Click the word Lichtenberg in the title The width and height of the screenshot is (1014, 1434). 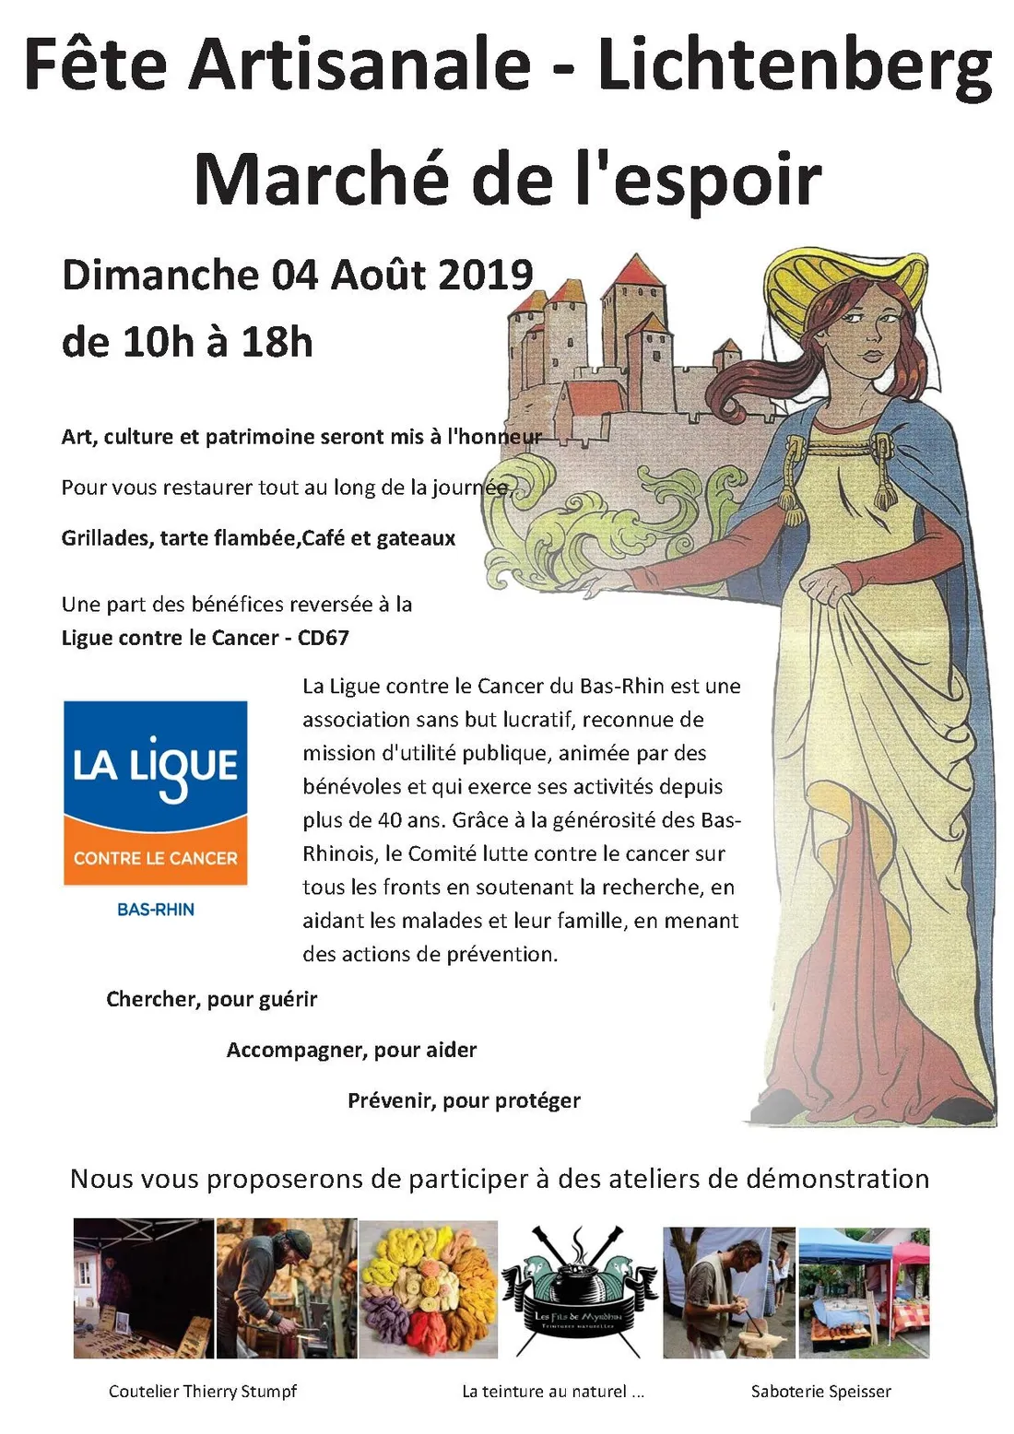(x=795, y=66)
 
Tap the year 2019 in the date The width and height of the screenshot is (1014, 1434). (x=486, y=276)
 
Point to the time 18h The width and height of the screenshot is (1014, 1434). (x=277, y=343)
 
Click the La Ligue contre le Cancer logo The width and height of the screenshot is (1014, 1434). (x=155, y=793)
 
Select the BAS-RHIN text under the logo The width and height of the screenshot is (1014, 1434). (x=155, y=910)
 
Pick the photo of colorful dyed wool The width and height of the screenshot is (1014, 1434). (x=428, y=1288)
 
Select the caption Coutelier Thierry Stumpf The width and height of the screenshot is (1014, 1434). (x=203, y=1392)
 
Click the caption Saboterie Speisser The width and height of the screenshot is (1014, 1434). (x=820, y=1392)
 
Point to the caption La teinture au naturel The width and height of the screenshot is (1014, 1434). (x=552, y=1392)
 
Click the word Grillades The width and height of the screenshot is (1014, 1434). (x=106, y=538)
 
